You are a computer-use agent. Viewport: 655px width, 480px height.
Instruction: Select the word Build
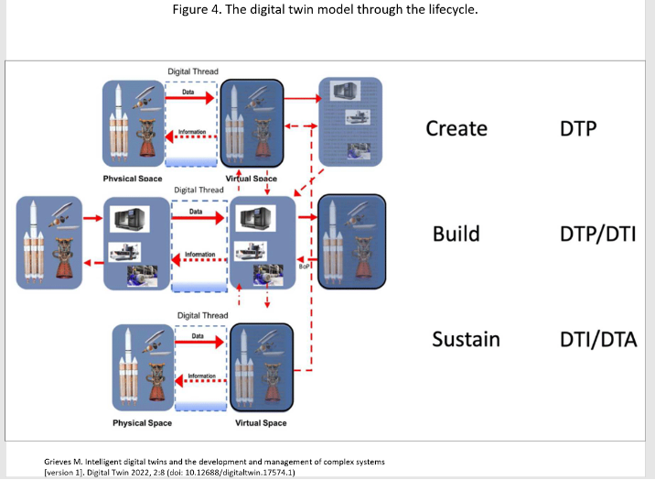pos(456,234)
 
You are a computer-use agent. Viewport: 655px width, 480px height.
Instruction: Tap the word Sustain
pos(466,340)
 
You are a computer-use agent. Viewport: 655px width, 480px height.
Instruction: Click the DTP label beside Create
pos(578,128)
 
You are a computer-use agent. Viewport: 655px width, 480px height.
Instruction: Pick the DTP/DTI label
pos(597,234)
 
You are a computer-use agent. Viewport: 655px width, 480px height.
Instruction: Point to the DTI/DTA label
pos(597,340)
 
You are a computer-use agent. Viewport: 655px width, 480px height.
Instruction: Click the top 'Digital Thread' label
pos(193,71)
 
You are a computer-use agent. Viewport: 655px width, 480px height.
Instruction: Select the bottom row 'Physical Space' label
pos(142,423)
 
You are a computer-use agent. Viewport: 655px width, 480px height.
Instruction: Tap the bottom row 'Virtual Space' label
pos(261,423)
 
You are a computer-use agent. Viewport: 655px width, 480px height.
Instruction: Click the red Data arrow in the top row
pos(193,99)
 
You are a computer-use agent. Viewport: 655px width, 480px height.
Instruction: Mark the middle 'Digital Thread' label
pos(199,191)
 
